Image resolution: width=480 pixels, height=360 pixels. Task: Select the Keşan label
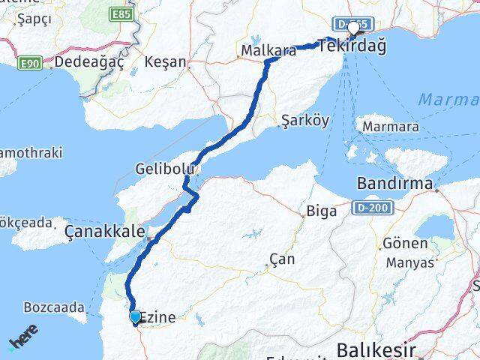(x=166, y=61)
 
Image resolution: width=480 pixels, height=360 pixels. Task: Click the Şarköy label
(x=304, y=121)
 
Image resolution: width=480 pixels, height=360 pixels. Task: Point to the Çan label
(x=282, y=259)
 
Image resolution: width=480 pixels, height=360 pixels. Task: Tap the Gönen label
(x=426, y=244)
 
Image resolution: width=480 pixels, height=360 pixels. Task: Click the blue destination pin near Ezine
(x=135, y=317)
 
